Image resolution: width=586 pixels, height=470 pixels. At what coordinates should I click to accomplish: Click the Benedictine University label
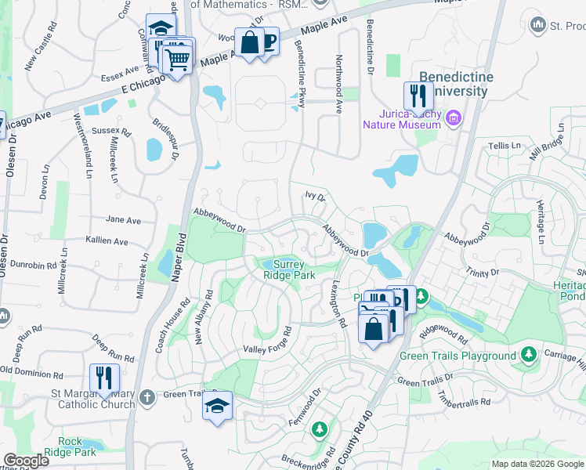[x=457, y=84]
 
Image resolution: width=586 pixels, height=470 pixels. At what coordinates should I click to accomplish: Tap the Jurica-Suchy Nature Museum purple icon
[x=453, y=118]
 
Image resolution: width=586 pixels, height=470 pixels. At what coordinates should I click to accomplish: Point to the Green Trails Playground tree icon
[x=530, y=355]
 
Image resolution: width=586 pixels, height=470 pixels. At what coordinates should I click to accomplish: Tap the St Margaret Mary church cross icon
[x=146, y=399]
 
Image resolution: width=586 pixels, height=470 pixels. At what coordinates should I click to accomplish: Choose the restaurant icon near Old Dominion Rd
[x=104, y=378]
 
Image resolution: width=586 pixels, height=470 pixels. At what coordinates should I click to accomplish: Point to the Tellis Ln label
[x=505, y=146]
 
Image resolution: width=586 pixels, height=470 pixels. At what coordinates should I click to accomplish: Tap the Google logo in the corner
[x=26, y=460]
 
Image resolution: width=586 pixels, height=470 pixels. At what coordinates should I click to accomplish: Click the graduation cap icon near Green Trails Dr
[x=218, y=406]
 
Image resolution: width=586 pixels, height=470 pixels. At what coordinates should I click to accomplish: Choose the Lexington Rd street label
[x=339, y=303]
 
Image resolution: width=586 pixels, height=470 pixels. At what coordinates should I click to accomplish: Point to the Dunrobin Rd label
[x=29, y=266]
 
